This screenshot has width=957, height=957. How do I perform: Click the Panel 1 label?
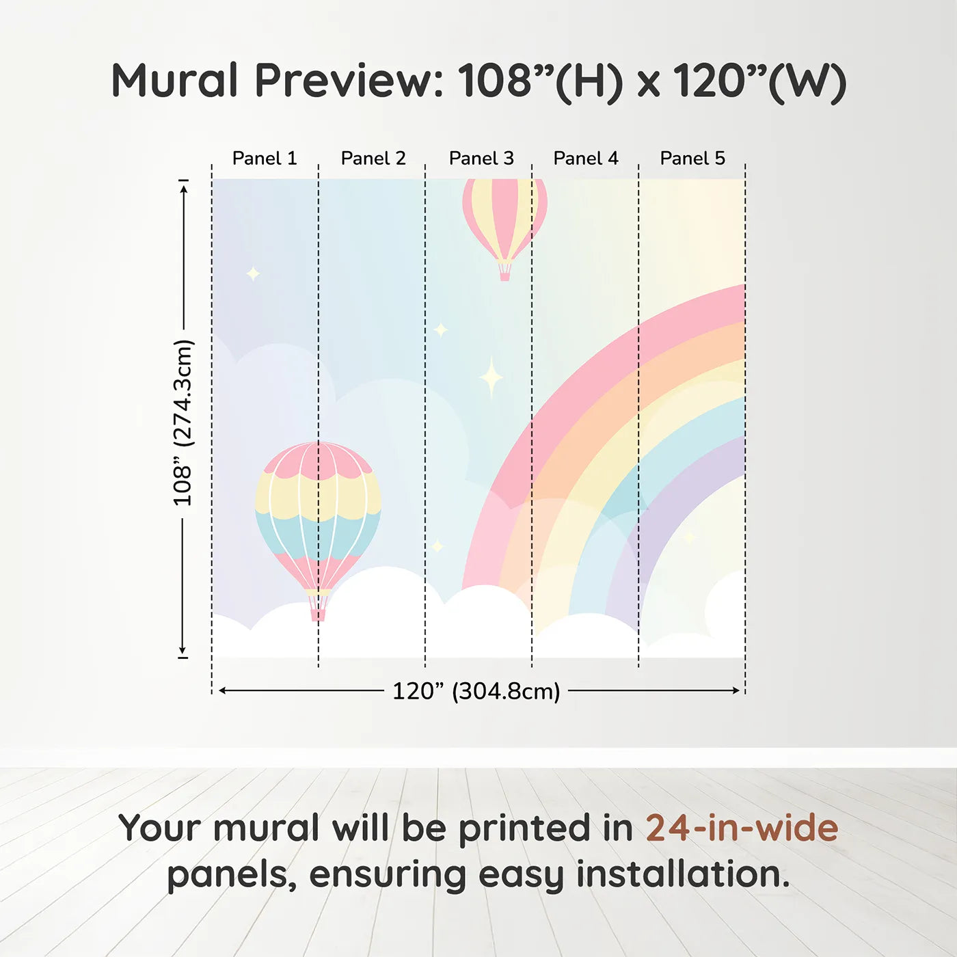(x=265, y=159)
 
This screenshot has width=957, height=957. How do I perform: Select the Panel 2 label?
(x=373, y=159)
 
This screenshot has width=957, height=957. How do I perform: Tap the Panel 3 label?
(x=481, y=159)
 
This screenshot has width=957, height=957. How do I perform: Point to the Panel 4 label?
(x=586, y=159)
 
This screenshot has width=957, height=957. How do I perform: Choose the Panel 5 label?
(x=692, y=159)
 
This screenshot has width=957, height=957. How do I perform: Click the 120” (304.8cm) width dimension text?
(x=476, y=691)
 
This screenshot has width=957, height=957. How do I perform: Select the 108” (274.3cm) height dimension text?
(x=183, y=422)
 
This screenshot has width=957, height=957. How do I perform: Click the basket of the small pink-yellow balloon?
(x=504, y=271)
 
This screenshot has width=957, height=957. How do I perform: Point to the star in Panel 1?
(x=254, y=273)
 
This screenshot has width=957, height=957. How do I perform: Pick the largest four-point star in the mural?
(x=491, y=377)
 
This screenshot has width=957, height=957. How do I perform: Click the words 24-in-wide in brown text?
(x=742, y=828)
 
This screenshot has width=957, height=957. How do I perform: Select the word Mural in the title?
(x=174, y=80)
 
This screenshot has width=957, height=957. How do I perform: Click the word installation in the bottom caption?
(x=683, y=874)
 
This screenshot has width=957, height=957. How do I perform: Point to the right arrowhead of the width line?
(x=736, y=690)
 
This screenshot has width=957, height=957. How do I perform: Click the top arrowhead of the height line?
(x=184, y=189)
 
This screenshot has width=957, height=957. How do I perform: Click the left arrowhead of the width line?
(x=224, y=690)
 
